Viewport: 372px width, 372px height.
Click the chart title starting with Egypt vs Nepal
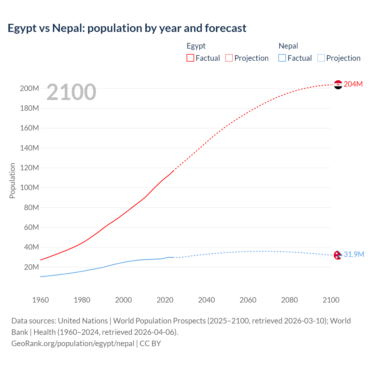coord(127,28)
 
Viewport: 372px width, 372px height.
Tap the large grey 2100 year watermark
coord(71,92)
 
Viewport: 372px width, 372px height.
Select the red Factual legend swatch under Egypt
coord(190,58)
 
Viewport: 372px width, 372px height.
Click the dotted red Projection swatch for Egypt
coord(229,58)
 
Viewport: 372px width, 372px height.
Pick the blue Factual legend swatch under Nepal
coord(282,58)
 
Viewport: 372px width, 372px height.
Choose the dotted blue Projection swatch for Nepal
coord(321,58)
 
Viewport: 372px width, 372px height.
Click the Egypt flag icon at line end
coord(338,85)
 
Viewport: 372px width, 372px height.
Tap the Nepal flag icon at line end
coord(338,255)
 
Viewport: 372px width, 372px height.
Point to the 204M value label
coord(353,84)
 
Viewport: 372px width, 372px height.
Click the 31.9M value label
coord(354,255)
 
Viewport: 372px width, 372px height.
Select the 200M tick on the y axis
coord(29,89)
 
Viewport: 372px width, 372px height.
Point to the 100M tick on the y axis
coord(29,188)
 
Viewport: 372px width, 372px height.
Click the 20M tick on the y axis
coord(31,267)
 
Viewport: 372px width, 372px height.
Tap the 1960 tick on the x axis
coord(40,300)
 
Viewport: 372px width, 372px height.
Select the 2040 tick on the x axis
coord(206,300)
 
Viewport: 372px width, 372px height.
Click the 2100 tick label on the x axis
coord(331,300)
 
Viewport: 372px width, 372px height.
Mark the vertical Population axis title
coord(12,180)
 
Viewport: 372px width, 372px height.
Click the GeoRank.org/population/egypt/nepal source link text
coord(73,344)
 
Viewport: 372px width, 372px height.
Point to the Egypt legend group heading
coord(196,46)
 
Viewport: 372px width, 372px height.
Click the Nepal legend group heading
coord(288,46)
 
